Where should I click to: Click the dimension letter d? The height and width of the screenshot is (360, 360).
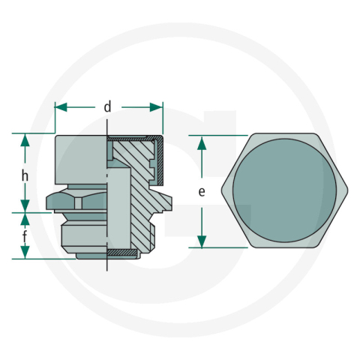coord(108,107)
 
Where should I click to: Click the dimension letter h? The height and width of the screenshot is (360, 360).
coord(25,175)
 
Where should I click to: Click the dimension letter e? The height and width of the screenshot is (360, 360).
coord(201,192)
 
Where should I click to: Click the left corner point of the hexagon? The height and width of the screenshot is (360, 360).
coord(223,190)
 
